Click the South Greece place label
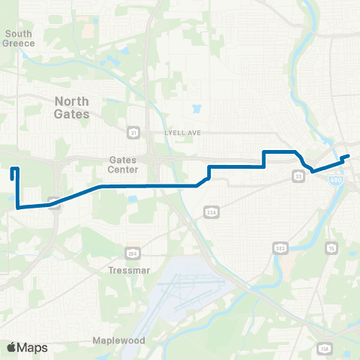click(x=19, y=37)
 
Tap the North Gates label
click(x=72, y=107)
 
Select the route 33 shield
click(x=298, y=176)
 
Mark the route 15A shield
click(x=324, y=349)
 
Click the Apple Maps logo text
click(x=27, y=347)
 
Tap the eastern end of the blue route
click(x=349, y=156)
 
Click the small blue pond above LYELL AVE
click(x=196, y=108)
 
